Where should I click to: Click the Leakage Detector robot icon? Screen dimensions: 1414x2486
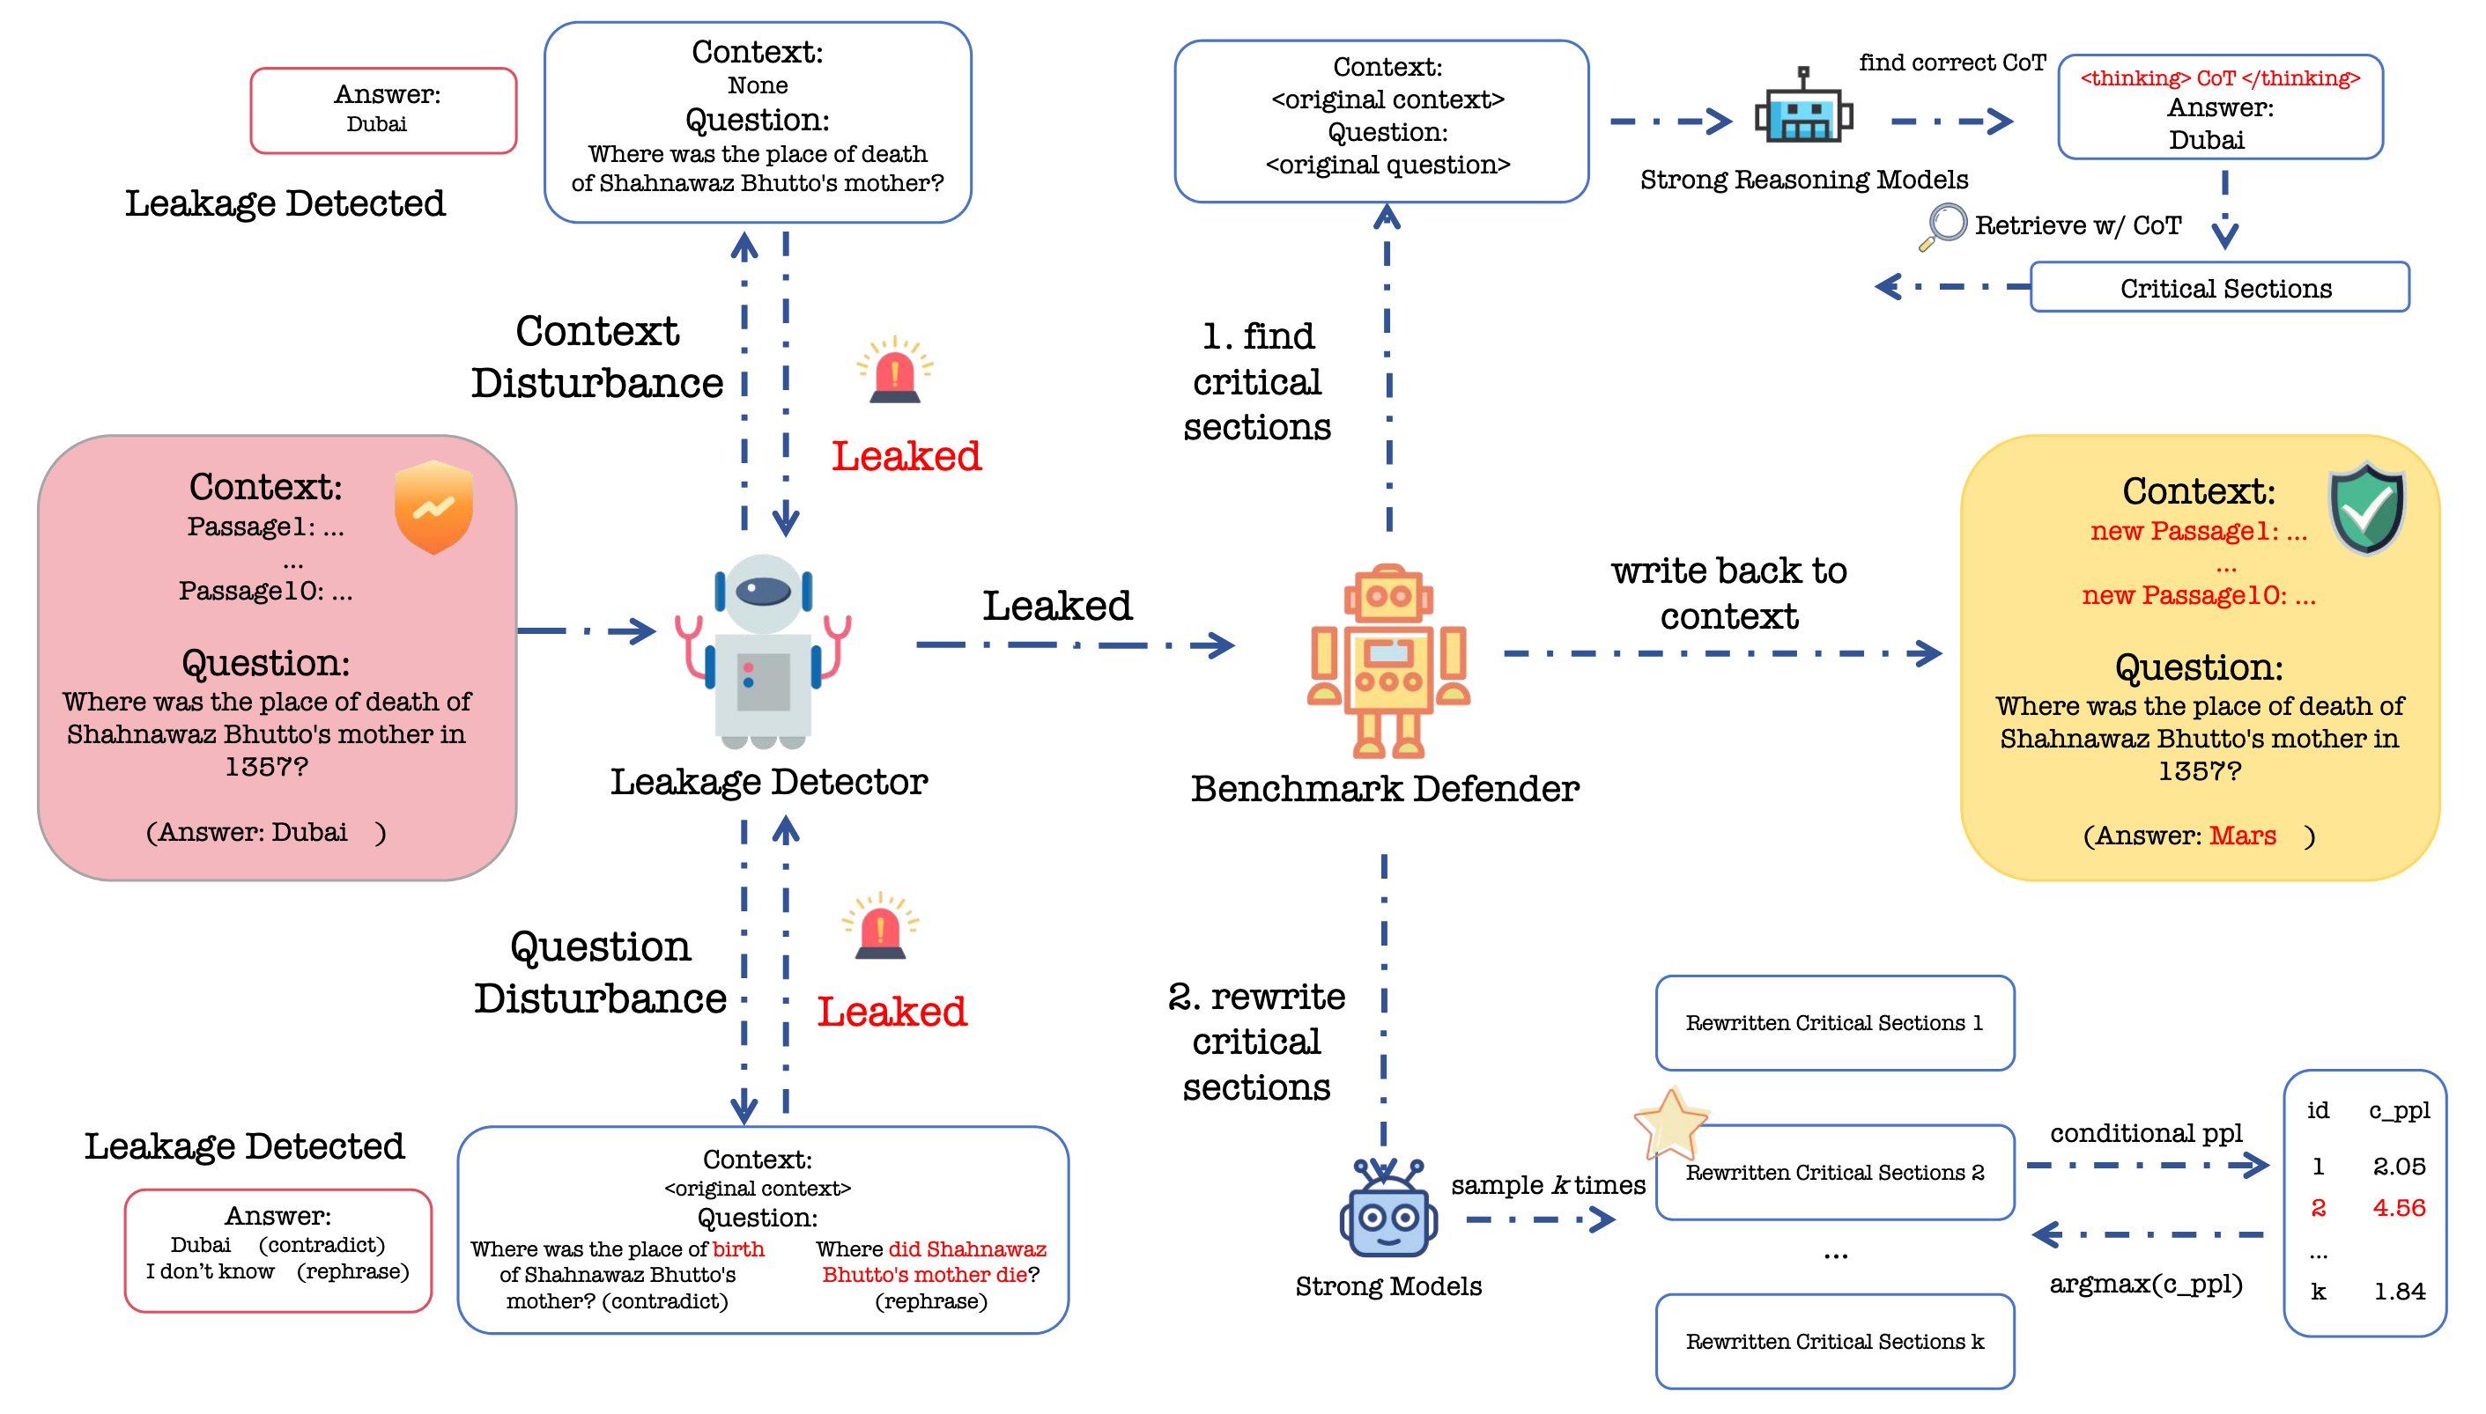pyautogui.click(x=764, y=651)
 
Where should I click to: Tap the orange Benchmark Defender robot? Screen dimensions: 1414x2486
pyautogui.click(x=1388, y=661)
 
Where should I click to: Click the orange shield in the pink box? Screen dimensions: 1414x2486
pyautogui.click(x=433, y=507)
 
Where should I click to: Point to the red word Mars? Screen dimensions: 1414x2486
pyautogui.click(x=2242, y=836)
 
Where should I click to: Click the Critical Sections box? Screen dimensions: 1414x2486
pyautogui.click(x=2219, y=289)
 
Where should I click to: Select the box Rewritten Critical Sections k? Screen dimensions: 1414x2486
pyautogui.click(x=1834, y=1342)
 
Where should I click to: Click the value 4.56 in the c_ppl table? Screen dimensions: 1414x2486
pyautogui.click(x=2399, y=1208)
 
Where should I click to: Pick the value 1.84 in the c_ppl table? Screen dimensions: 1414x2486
pyautogui.click(x=2399, y=1292)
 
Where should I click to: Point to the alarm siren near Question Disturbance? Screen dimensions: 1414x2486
pyautogui.click(x=880, y=926)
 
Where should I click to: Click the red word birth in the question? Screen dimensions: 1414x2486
pyautogui.click(x=738, y=1248)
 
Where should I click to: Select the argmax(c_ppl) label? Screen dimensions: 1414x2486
pyautogui.click(x=2145, y=1285)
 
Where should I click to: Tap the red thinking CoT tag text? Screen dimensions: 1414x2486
pyautogui.click(x=2219, y=78)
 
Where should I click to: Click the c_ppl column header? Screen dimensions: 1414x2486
pyautogui.click(x=2399, y=1110)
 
